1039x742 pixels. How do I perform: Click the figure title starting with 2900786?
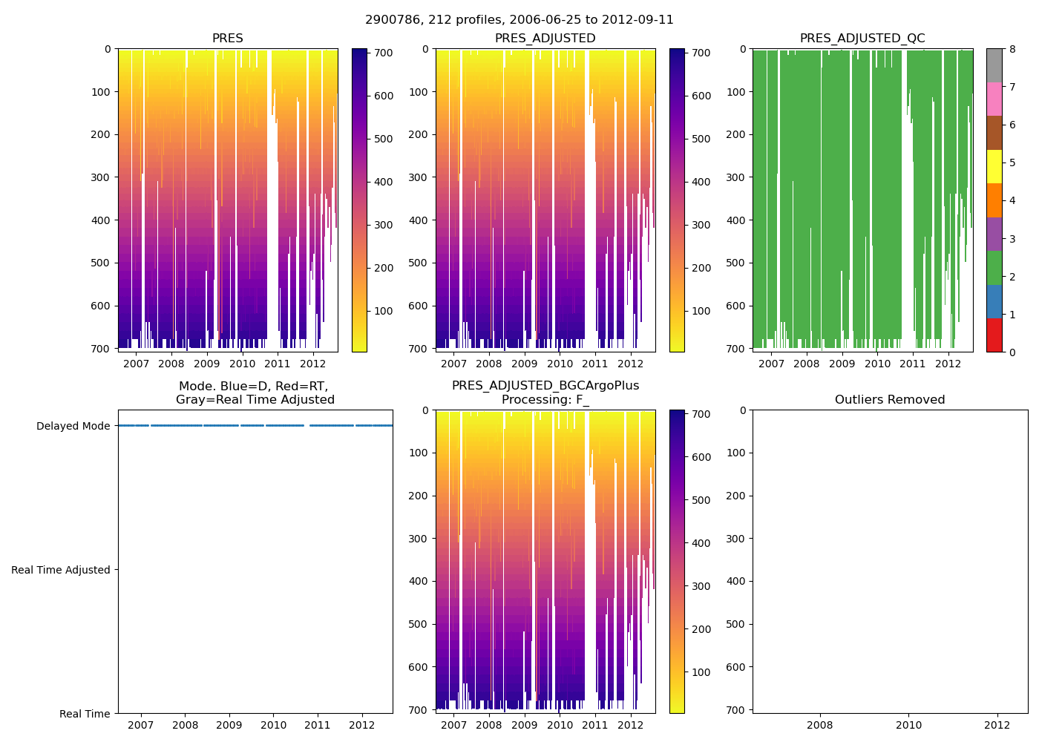coord(519,20)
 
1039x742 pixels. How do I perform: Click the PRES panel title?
coord(227,39)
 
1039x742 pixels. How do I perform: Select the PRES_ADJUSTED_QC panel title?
coord(862,39)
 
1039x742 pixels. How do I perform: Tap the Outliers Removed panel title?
coord(890,400)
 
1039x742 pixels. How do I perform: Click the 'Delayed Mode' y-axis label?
coord(73,426)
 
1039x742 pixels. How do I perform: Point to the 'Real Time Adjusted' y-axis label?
coord(61,570)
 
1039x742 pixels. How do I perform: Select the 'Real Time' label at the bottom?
coord(85,714)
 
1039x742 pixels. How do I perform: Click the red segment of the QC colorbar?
coord(994,335)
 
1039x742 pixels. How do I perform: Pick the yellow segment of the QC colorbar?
coord(994,166)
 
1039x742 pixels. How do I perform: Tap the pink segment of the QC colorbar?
coord(994,99)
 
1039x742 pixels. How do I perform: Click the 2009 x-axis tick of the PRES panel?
coord(206,364)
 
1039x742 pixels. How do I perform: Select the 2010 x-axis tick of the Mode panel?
coord(273,725)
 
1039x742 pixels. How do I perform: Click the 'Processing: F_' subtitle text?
coord(545,400)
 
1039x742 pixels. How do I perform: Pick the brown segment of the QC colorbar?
coord(994,133)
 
